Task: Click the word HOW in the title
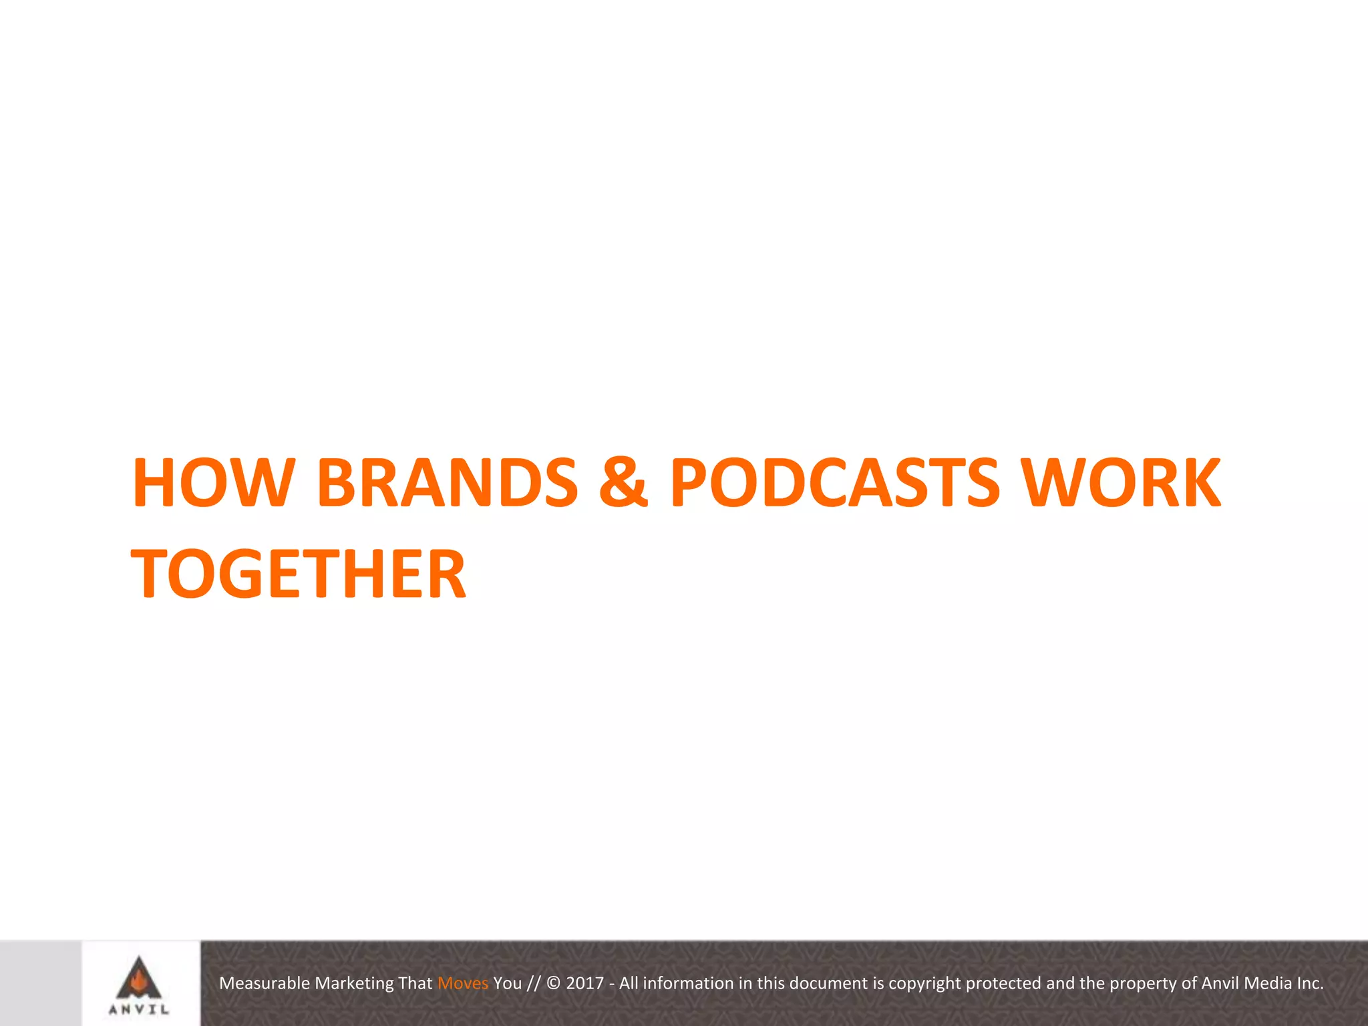213,482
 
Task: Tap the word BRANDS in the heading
447,482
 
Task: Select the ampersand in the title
623,482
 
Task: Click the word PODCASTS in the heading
835,482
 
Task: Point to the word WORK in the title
1122,482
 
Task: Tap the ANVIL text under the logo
139,1010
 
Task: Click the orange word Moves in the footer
463,983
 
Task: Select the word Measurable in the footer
265,983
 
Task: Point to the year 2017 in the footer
584,983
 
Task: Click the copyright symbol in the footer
553,983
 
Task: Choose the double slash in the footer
532,983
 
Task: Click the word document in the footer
829,983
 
